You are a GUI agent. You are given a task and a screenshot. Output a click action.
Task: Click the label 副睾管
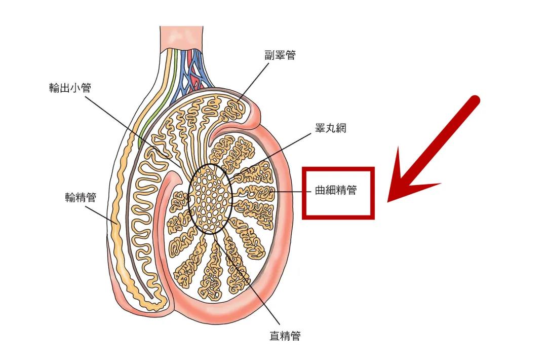tap(279, 55)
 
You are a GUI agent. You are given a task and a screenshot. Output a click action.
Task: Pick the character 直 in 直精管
tap(275, 335)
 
